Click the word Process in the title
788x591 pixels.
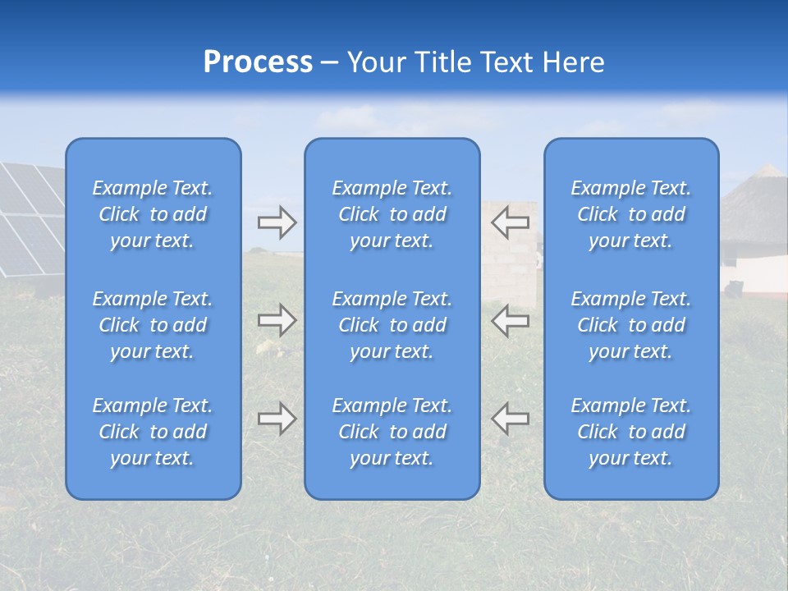(258, 62)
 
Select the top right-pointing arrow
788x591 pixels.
(277, 222)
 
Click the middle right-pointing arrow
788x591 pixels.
(277, 320)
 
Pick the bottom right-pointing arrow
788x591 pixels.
(277, 419)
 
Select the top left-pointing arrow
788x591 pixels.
(510, 222)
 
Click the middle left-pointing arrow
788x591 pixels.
(510, 320)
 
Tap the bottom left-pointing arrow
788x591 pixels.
(510, 419)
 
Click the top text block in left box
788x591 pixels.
(153, 214)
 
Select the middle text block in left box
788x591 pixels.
(153, 325)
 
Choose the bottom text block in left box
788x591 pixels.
(153, 432)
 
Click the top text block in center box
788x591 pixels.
(392, 214)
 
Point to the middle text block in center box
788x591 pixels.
(392, 325)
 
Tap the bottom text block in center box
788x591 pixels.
(392, 432)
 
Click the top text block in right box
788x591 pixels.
(630, 214)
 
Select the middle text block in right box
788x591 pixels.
(630, 325)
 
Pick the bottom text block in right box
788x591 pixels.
(630, 432)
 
